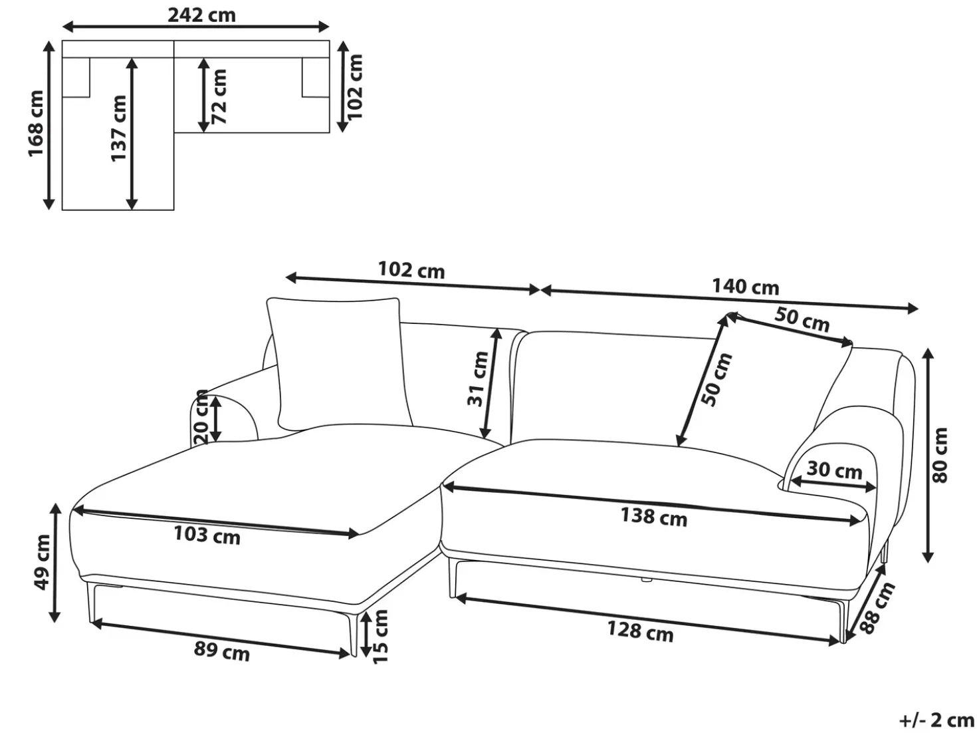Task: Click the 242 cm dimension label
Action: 201,15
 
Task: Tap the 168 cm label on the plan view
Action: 36,123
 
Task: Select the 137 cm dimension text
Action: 118,128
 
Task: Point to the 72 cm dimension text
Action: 219,96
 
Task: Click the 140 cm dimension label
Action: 746,287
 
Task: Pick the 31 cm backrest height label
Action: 478,379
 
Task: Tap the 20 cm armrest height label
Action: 201,417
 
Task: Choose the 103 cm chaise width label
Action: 207,535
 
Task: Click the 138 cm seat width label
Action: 654,517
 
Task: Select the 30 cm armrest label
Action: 835,470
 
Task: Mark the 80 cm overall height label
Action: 940,456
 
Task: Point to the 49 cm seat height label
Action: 43,563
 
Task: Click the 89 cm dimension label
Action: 222,652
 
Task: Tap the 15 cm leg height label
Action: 381,637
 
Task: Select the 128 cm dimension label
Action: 641,631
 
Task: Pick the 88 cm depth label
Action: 877,607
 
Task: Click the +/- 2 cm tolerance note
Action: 935,720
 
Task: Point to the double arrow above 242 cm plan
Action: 195,27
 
